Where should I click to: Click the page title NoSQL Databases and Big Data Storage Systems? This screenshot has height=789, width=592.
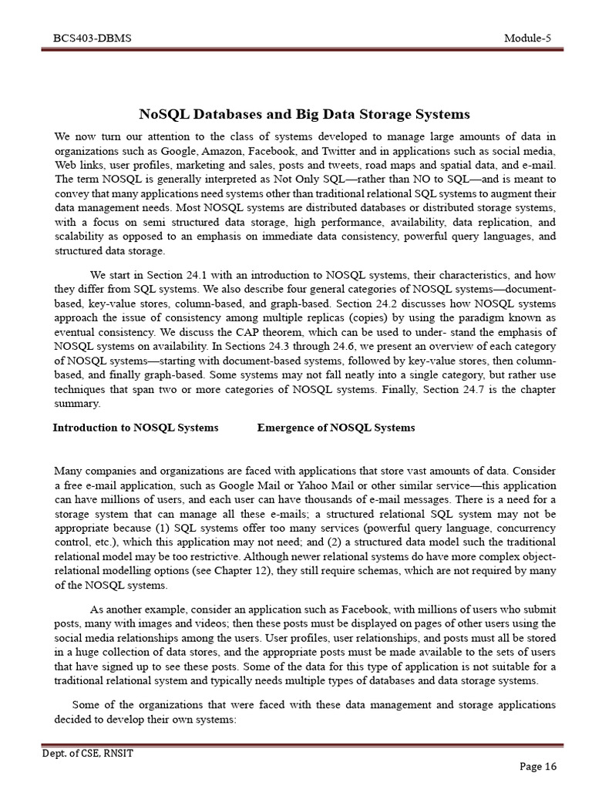(x=304, y=115)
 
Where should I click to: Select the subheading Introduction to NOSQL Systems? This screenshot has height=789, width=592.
(x=136, y=428)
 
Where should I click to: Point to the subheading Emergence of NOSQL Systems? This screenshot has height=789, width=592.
(x=336, y=428)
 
